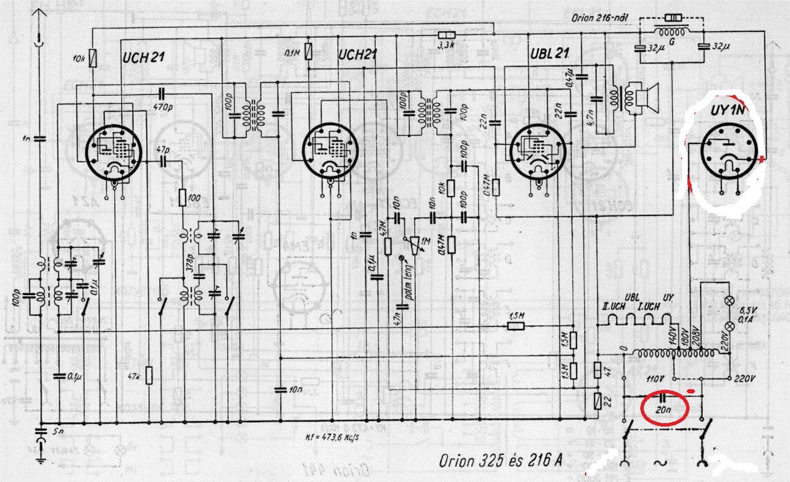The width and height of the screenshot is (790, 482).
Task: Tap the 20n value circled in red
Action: click(x=663, y=409)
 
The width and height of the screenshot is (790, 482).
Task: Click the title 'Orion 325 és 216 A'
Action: click(x=501, y=460)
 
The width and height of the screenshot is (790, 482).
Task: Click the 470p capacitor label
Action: click(x=163, y=106)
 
